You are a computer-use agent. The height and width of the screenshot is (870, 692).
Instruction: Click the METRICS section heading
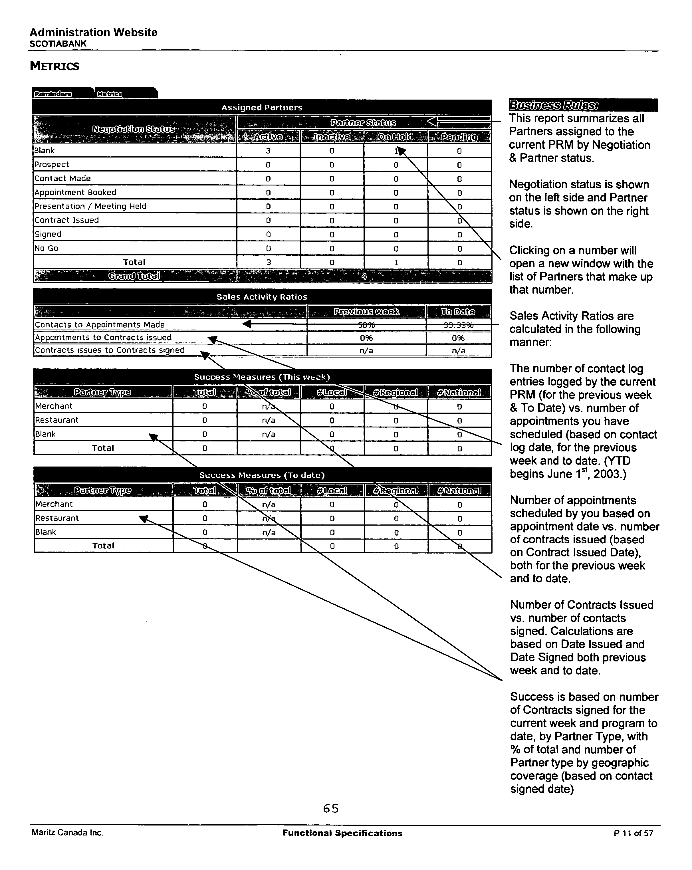55,66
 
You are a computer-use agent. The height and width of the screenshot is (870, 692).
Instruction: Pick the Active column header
268,137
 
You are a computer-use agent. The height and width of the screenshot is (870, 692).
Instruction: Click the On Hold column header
396,137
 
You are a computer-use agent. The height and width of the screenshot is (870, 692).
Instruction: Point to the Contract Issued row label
66,220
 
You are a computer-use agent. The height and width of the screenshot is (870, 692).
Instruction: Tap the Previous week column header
366,312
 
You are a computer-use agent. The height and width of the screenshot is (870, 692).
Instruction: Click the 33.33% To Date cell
458,325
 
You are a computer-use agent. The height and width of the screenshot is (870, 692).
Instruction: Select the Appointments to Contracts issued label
103,337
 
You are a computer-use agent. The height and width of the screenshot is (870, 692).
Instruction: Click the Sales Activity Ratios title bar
262,296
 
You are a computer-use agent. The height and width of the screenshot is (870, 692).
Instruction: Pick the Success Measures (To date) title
262,475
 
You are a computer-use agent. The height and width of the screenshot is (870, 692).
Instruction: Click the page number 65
331,808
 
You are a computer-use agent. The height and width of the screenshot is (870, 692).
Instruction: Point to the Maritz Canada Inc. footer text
67,832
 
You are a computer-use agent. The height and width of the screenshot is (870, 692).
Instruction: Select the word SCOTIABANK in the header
58,44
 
